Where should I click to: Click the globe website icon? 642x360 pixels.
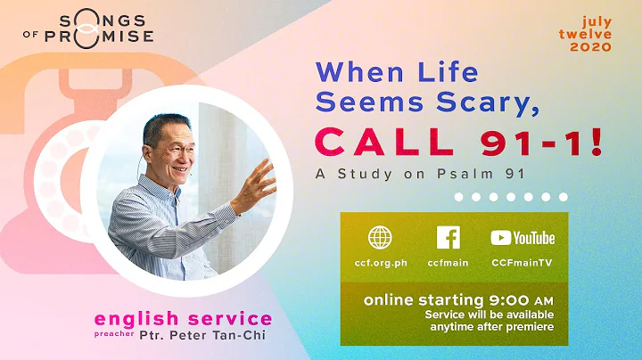click(x=380, y=238)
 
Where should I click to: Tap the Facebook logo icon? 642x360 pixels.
click(x=449, y=238)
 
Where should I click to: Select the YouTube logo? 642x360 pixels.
click(x=523, y=238)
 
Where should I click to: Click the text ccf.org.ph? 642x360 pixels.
click(x=380, y=262)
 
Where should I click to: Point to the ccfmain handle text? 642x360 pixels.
click(x=449, y=262)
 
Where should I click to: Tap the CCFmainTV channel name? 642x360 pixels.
click(x=523, y=262)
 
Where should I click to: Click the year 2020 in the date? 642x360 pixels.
click(x=596, y=47)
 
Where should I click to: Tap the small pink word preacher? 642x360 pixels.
click(x=111, y=337)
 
